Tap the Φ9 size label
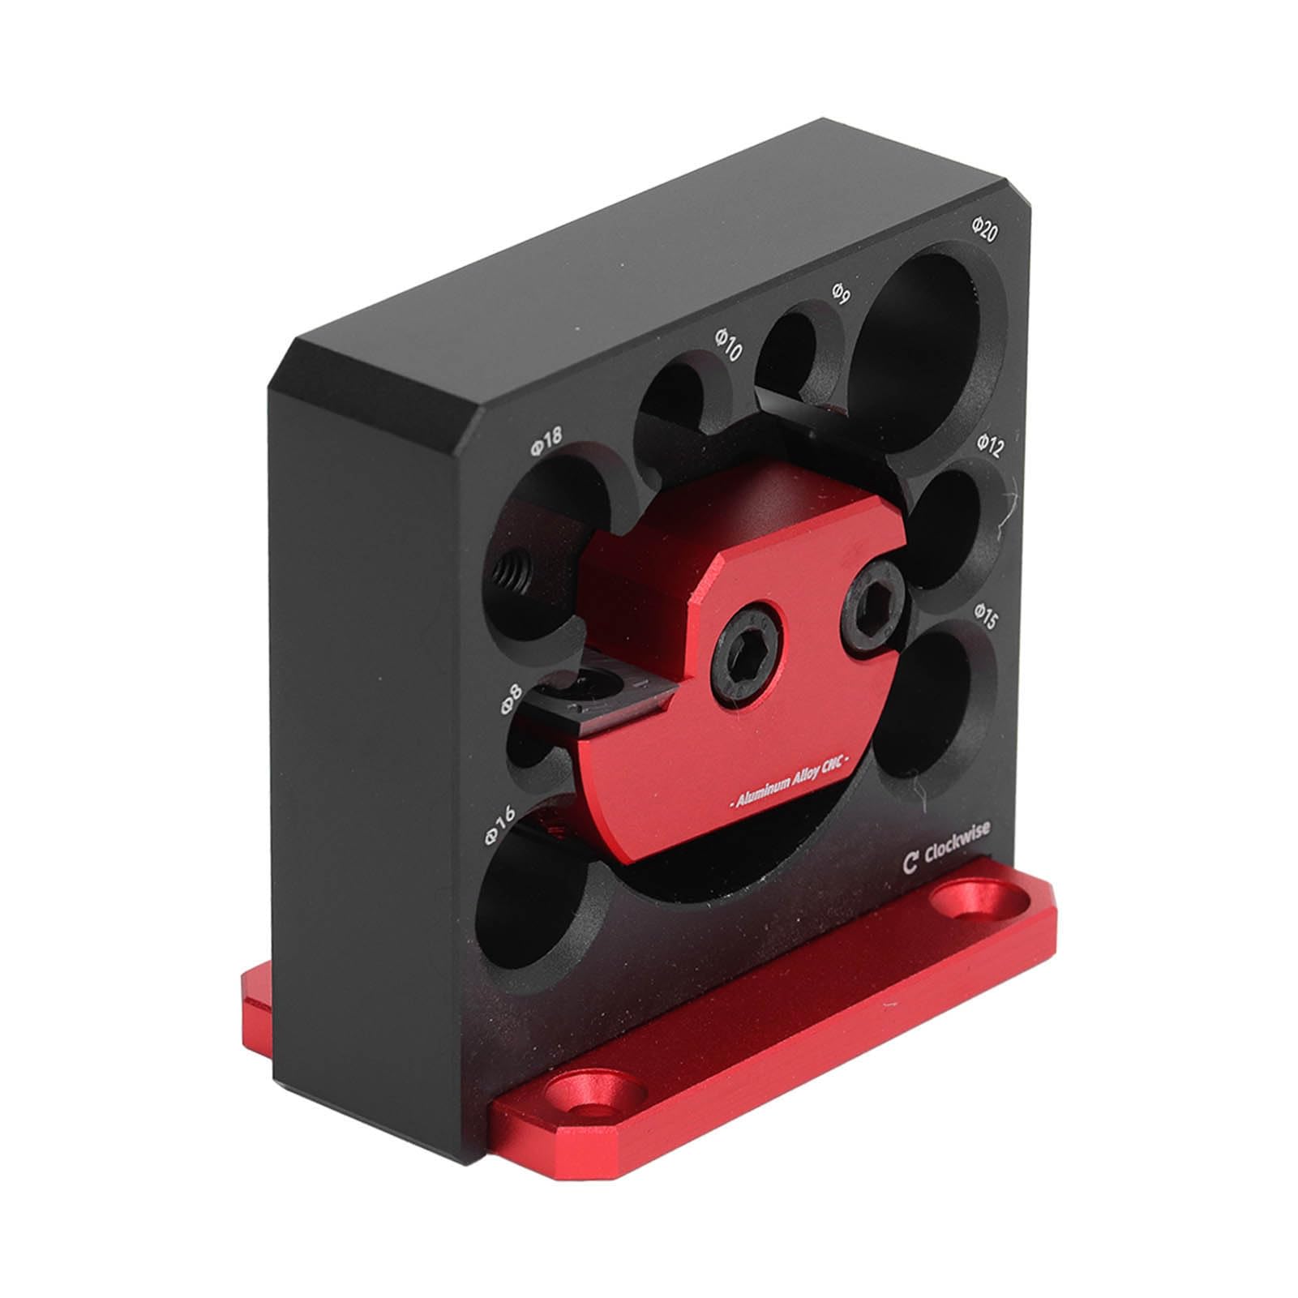click(x=840, y=295)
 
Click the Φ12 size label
click(x=990, y=443)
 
